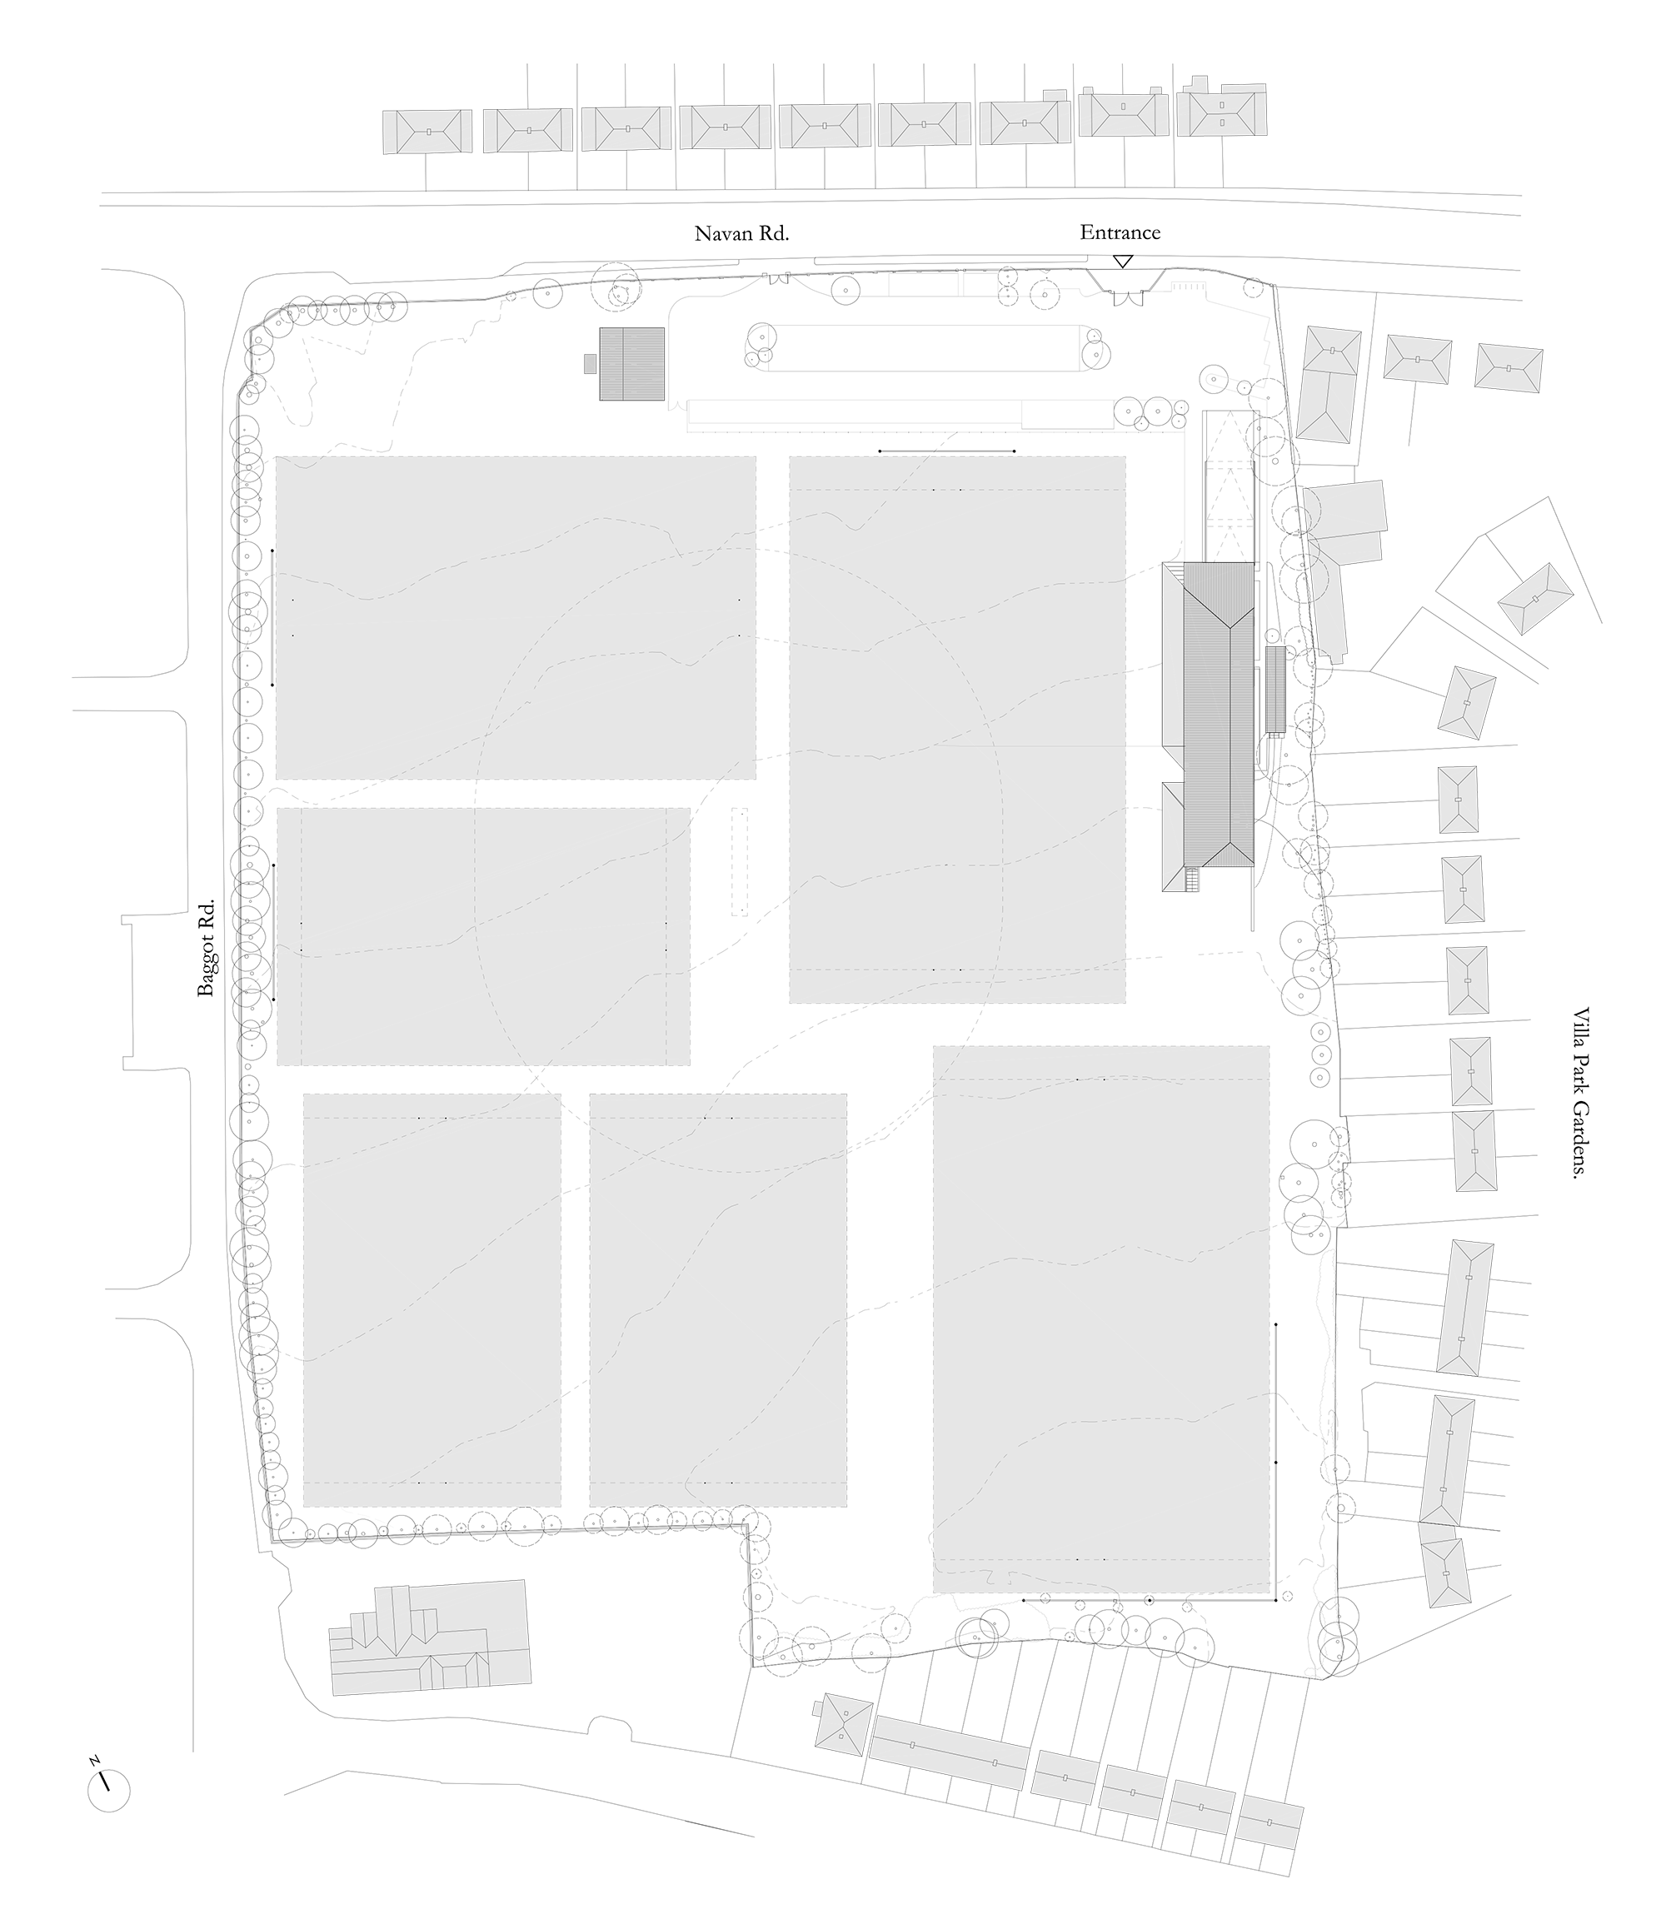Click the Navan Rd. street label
[x=741, y=233]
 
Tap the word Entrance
[x=1120, y=232]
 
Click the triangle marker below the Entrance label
[x=1123, y=262]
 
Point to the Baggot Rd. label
[x=206, y=947]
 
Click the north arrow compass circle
[x=109, y=1791]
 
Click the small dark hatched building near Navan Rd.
[x=632, y=363]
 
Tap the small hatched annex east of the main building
[x=1275, y=689]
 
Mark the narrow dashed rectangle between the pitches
[x=739, y=861]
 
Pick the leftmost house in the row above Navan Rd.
[x=427, y=132]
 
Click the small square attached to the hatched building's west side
[x=590, y=363]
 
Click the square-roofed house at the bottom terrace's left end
[x=843, y=1724]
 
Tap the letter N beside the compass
[x=95, y=1761]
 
